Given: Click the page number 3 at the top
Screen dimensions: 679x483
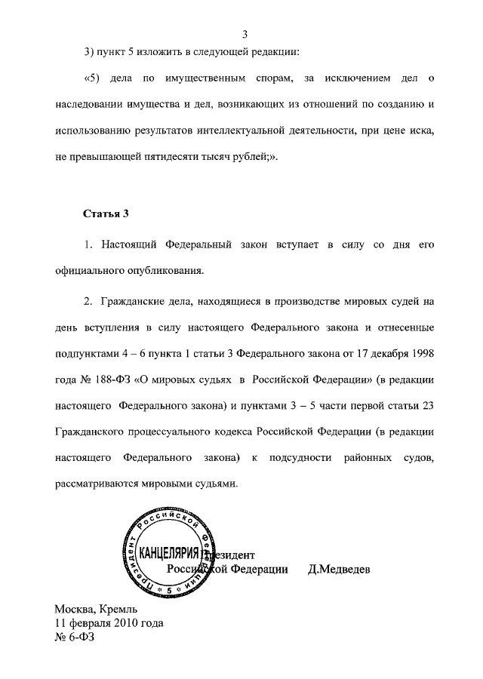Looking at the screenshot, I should point(246,34).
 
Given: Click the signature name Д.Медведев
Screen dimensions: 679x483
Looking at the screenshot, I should point(339,569).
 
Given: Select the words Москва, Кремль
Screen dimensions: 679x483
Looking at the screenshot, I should point(96,609).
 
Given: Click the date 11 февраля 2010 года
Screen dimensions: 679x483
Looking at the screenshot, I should point(109,623).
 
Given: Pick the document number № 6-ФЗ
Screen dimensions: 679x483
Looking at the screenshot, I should point(74,638).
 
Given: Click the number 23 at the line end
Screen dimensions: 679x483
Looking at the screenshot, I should point(428,403).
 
